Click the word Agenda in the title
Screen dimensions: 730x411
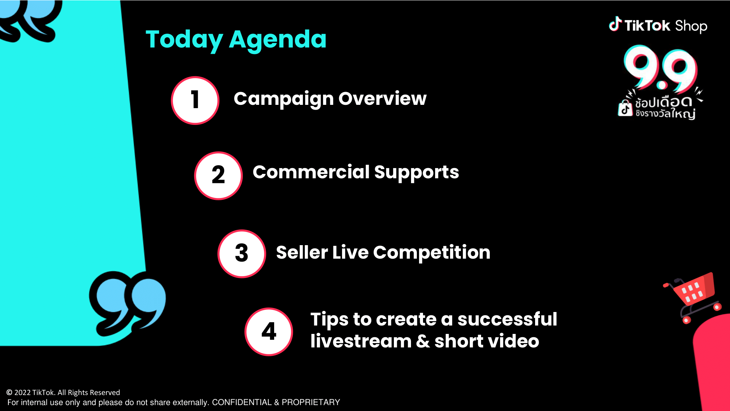point(278,40)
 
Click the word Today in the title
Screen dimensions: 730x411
point(184,40)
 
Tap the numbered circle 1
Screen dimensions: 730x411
point(195,100)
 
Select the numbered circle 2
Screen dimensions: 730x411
point(218,176)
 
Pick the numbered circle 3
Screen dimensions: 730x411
point(242,254)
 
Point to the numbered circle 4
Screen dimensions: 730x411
point(269,332)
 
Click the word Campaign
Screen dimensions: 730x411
point(284,99)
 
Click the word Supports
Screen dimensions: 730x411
point(416,172)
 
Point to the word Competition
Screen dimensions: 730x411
point(432,252)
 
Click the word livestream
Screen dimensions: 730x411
point(361,341)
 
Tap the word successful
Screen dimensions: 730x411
point(507,319)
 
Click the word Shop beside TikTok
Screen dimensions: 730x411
point(691,26)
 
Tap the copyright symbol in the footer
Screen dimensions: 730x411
point(9,392)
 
